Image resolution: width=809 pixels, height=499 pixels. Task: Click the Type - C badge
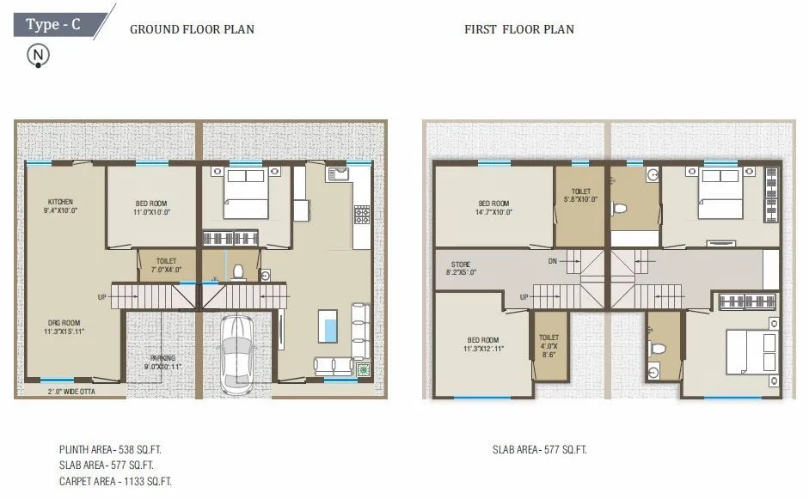coord(54,23)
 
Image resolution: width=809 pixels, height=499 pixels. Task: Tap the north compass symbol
coord(38,56)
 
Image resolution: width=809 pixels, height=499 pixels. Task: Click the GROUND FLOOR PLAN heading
coord(192,29)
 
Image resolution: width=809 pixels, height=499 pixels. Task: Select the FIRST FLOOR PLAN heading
coord(518,29)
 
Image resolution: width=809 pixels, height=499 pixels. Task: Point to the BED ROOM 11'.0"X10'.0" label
coord(151,208)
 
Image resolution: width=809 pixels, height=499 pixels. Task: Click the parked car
coord(236,352)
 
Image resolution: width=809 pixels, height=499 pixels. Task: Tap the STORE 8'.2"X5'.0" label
coord(462,268)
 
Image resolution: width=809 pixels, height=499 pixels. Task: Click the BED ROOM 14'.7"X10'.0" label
coord(494,208)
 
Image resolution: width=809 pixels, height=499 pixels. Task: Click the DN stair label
coord(554,261)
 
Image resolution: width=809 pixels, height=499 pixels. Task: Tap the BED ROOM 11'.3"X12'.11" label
coord(482,345)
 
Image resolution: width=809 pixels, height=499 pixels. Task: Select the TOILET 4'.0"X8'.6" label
coord(549,345)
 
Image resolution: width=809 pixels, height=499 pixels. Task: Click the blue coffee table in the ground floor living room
coord(328,326)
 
